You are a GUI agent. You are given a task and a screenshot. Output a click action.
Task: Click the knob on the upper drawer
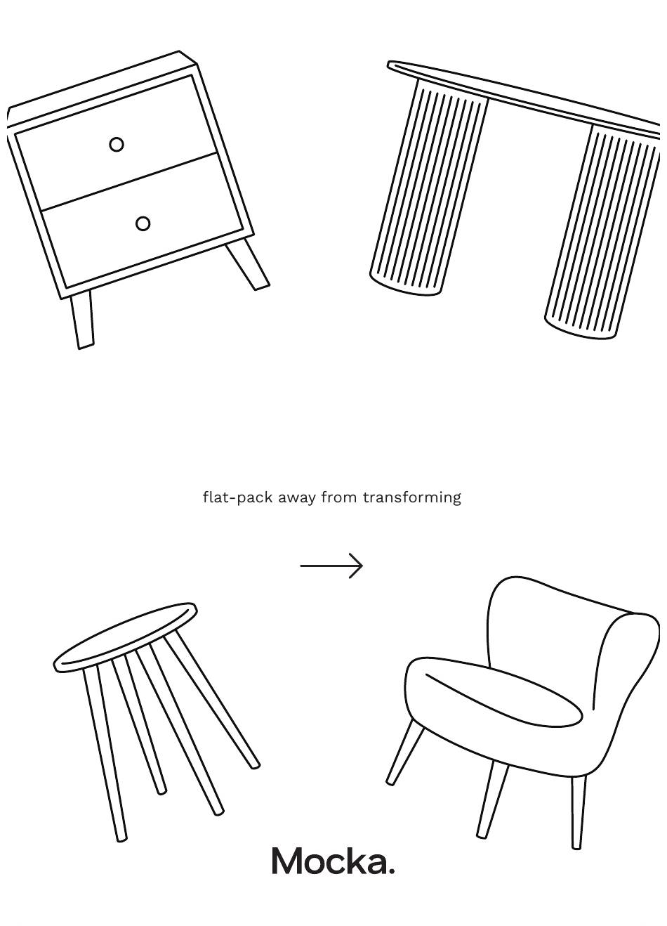click(117, 145)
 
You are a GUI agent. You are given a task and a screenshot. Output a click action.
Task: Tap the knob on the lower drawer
click(143, 223)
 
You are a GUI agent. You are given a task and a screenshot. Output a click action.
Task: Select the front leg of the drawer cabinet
click(82, 320)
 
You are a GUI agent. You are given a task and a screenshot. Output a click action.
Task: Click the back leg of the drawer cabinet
click(247, 265)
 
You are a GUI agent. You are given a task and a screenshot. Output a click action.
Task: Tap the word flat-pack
click(238, 497)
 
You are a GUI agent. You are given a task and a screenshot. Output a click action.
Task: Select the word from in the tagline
click(339, 497)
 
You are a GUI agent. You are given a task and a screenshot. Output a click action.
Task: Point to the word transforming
click(412, 497)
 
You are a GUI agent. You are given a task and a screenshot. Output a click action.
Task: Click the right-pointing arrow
click(331, 566)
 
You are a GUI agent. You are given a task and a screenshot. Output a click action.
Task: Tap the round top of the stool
click(125, 637)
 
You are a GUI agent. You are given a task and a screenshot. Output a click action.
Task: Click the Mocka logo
click(333, 861)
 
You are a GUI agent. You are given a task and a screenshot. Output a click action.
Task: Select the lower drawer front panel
click(143, 221)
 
